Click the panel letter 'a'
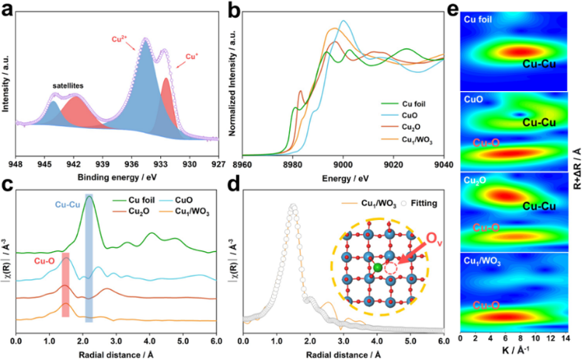[x=9, y=10]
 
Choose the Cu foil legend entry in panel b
[x=404, y=104]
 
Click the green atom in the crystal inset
[x=377, y=269]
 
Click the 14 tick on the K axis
[x=566, y=340]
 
